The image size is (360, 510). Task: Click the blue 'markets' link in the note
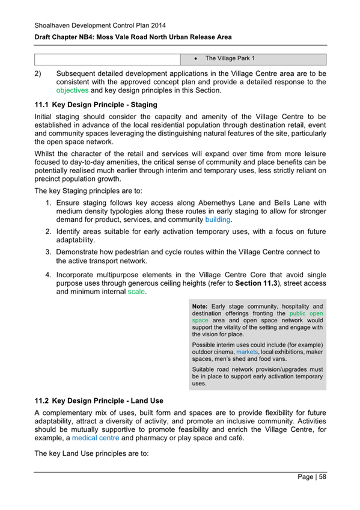click(249, 351)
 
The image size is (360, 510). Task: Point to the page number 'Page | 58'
click(312, 477)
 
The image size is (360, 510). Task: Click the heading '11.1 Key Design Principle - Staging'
click(96, 105)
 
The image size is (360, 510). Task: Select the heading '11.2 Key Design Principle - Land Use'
click(99, 401)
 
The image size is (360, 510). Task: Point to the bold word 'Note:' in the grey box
click(201, 306)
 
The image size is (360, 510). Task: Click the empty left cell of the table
click(107, 59)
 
